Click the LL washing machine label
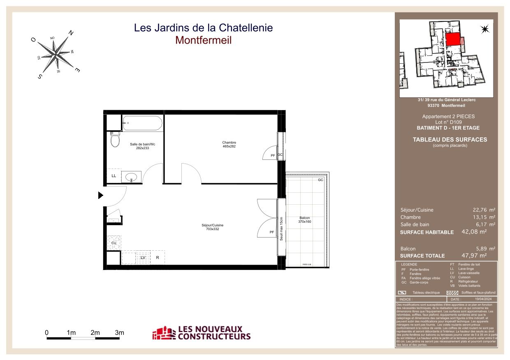[x=114, y=175]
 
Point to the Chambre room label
[x=229, y=144]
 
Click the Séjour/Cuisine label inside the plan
[x=213, y=227]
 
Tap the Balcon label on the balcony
[x=305, y=219]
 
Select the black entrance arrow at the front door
[x=100, y=195]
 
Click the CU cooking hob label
[x=114, y=243]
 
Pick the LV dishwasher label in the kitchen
[x=143, y=257]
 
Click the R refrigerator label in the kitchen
[x=157, y=257]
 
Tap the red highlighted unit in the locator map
[x=453, y=39]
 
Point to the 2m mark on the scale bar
[x=95, y=332]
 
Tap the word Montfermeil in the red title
[x=203, y=40]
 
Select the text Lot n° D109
[x=446, y=122]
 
